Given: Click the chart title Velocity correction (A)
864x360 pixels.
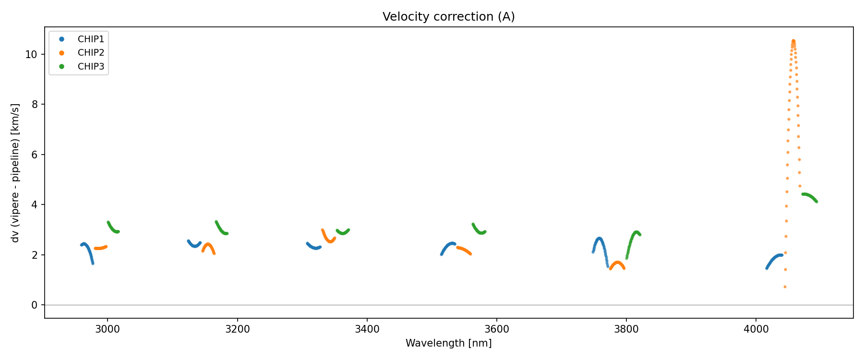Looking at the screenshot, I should tap(448, 17).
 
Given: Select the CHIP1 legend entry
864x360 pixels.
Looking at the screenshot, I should tap(91, 39).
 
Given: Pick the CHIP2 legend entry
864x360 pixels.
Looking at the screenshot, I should tap(91, 53).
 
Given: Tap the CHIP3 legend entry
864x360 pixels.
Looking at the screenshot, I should tap(91, 67).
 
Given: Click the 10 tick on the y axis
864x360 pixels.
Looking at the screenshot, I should tap(31, 54).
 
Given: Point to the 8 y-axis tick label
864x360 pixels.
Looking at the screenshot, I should tap(34, 105).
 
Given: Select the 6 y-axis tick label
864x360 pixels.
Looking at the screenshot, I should tap(34, 155).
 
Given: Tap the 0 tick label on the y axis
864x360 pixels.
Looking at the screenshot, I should tap(34, 305).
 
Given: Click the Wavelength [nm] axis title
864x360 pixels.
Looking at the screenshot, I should tap(448, 343).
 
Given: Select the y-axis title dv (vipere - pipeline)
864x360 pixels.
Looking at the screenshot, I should tap(15, 173).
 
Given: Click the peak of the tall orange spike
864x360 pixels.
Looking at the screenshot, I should tap(793, 41).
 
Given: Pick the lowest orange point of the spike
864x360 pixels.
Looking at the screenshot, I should tap(785, 287).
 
